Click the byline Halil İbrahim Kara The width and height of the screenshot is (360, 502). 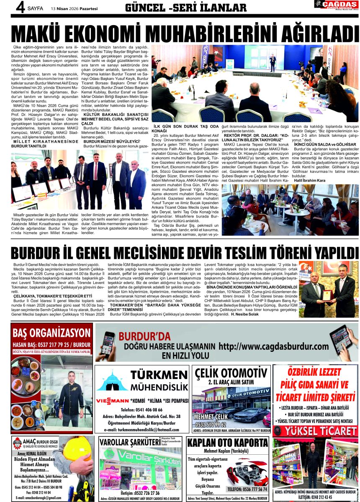click(310, 180)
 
